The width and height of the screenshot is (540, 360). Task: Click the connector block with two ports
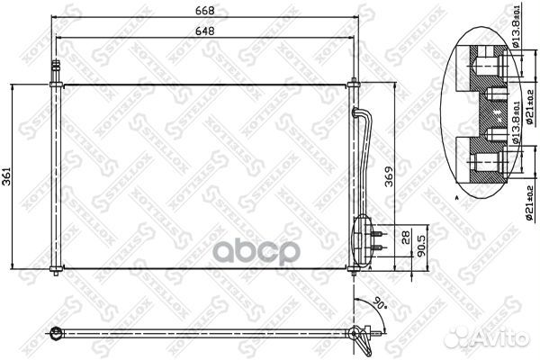[x=364, y=236]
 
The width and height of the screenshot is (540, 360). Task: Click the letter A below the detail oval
[x=457, y=195]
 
